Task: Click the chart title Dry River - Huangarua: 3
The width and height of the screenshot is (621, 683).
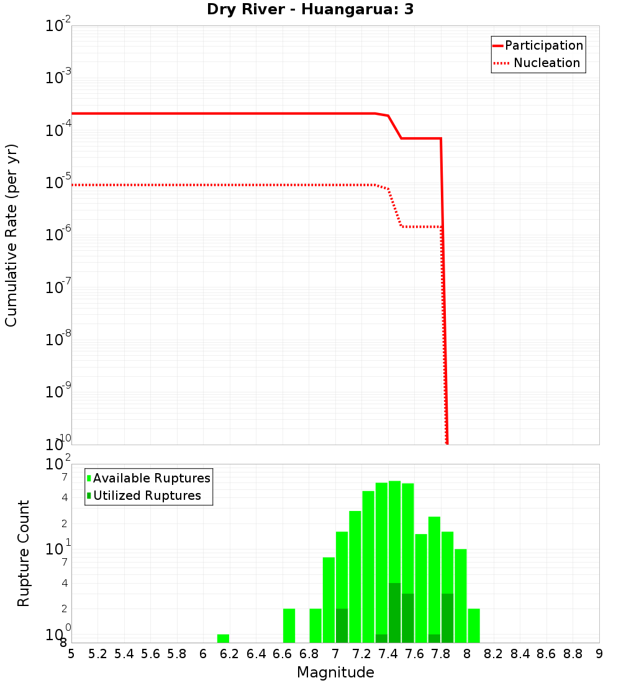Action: tap(310, 10)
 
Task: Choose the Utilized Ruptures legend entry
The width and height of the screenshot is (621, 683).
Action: tap(147, 495)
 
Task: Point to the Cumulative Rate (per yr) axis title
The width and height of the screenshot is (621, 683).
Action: tap(11, 235)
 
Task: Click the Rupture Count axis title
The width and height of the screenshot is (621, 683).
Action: tap(24, 553)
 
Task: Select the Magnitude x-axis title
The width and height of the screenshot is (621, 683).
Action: tap(335, 672)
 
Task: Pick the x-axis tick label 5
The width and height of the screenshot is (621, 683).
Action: tap(71, 654)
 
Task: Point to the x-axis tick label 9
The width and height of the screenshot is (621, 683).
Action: tap(599, 654)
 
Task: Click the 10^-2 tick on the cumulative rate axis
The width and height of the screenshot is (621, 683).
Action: tap(58, 26)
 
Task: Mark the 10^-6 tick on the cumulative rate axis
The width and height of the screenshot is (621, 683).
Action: tap(58, 235)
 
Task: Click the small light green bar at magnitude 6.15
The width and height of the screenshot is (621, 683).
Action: tap(223, 638)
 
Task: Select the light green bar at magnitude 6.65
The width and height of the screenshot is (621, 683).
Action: tap(289, 625)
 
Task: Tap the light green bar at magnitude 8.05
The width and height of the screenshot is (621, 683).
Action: tap(474, 625)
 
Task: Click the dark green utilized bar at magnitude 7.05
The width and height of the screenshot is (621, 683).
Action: tap(342, 625)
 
